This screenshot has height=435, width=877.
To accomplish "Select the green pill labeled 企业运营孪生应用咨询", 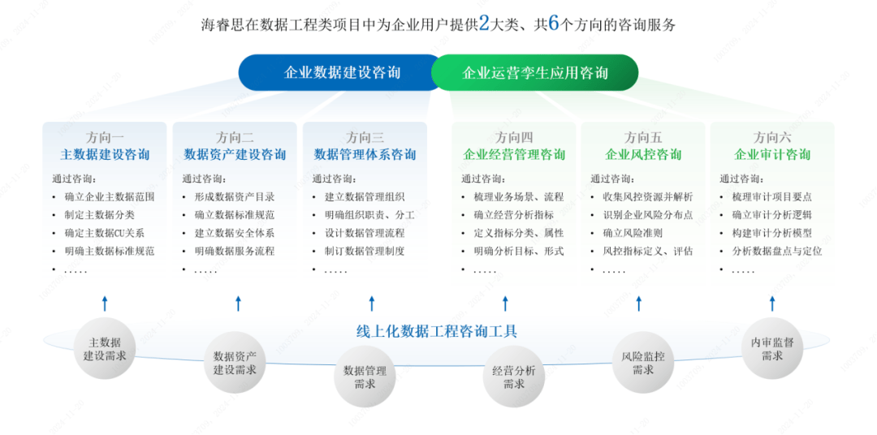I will point(535,73).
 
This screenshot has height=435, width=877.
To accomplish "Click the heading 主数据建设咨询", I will point(105,154).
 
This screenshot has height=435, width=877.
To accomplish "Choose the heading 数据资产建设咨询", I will point(235,154).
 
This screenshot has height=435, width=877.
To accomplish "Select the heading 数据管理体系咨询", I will point(365,154).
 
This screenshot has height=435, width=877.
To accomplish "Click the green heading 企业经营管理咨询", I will point(514,154).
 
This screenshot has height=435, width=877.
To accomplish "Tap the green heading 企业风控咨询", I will point(643,154).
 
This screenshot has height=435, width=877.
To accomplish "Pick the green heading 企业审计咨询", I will point(772,154).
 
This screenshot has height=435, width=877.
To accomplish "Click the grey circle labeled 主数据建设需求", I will point(105,350).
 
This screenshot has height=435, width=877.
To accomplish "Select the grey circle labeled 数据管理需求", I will point(365,377).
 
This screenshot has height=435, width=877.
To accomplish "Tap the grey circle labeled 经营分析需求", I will point(513,377).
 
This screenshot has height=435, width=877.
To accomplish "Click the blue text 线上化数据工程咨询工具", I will point(437,331).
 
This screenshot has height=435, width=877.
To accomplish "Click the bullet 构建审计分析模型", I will point(771,233).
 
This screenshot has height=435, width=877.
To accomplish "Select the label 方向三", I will point(365,137).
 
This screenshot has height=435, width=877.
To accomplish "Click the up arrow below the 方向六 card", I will point(771,304).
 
